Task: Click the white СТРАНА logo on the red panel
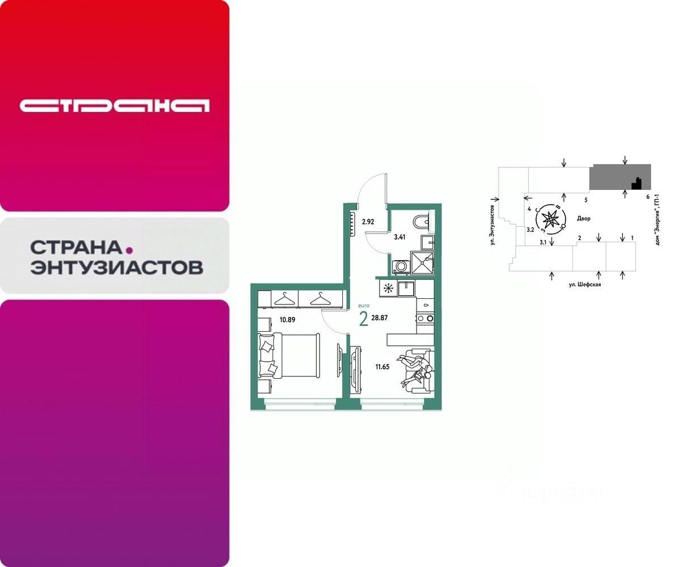pos(114,105)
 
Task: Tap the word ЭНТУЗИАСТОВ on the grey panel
pos(116,267)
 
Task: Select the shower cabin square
pos(422,263)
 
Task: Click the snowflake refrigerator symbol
pos(389,288)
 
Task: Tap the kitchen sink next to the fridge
pos(406,289)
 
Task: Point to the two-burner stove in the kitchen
pos(425,318)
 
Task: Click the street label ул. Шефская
pos(585,285)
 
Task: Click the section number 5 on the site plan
pos(586,200)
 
